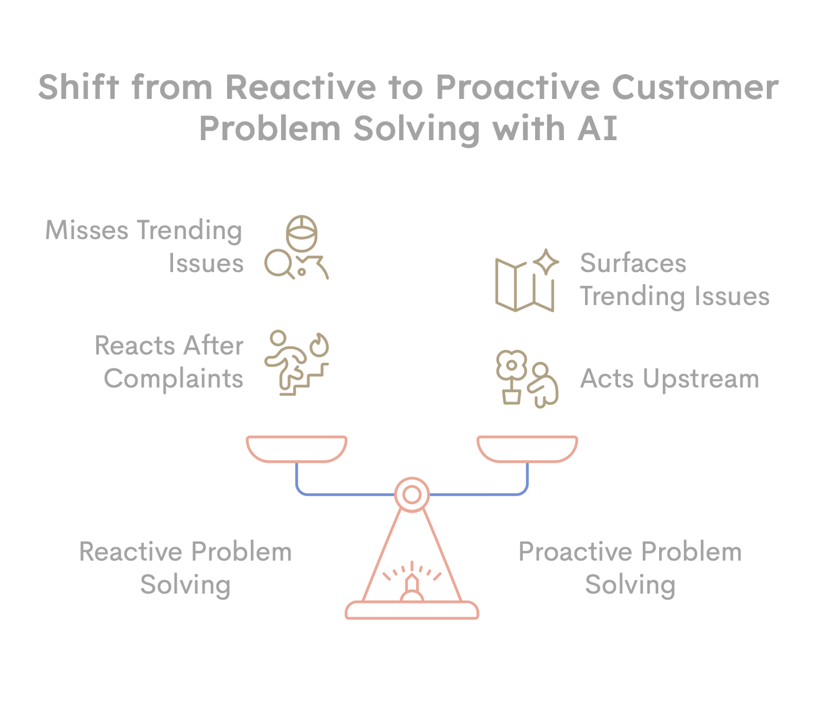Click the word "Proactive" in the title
(518, 88)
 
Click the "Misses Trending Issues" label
(144, 246)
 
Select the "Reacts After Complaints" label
(169, 362)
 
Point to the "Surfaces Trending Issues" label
(674, 280)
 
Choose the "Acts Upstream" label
(669, 379)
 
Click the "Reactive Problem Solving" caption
(185, 568)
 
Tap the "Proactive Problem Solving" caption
(630, 568)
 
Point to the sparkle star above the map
(545, 262)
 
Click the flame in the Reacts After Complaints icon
(319, 344)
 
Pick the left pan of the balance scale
(297, 448)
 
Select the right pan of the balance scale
(527, 448)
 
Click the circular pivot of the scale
(412, 495)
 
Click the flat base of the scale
(412, 611)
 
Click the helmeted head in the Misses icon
(302, 232)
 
